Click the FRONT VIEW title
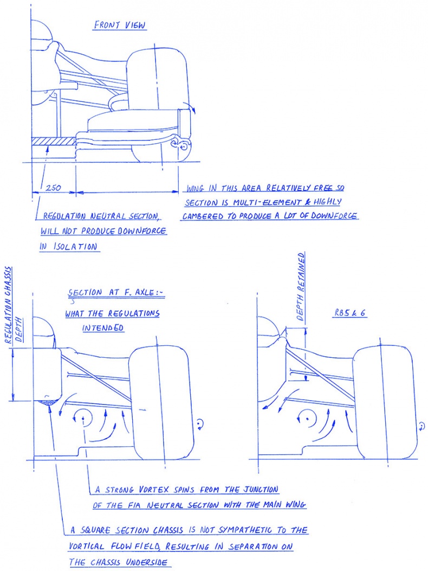click(x=120, y=25)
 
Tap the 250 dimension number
click(x=53, y=188)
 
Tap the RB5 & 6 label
click(x=350, y=313)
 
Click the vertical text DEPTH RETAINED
click(x=301, y=287)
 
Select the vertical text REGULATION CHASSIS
click(x=8, y=305)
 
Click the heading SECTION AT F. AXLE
click(x=116, y=292)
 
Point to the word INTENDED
click(x=103, y=328)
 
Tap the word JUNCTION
click(x=261, y=489)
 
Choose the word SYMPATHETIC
click(x=244, y=530)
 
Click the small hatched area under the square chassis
click(x=47, y=402)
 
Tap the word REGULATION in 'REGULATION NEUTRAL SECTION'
click(x=65, y=216)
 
